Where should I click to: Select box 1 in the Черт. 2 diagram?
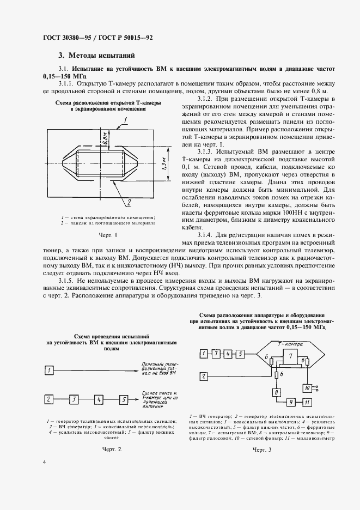click(x=49, y=371)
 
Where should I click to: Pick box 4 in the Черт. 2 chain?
click(x=98, y=399)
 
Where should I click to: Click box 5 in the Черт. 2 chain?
click(x=124, y=399)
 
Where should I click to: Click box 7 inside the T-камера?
click(x=291, y=356)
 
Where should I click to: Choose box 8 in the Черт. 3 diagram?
click(x=276, y=392)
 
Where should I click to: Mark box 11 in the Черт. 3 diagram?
click(x=307, y=403)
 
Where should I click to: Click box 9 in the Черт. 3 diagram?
click(x=291, y=403)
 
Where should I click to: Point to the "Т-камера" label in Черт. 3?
click(x=289, y=344)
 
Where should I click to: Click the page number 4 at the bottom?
click(x=44, y=477)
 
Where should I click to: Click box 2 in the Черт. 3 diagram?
click(x=203, y=376)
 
